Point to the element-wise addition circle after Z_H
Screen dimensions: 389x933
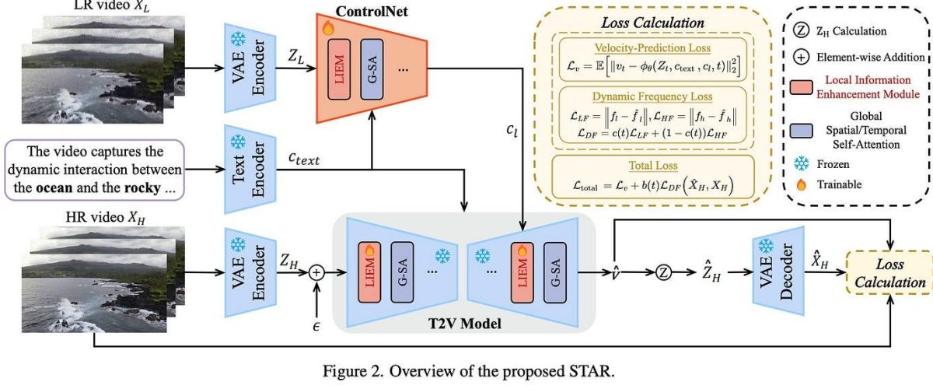tap(316, 272)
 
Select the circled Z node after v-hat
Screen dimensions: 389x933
tap(662, 272)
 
